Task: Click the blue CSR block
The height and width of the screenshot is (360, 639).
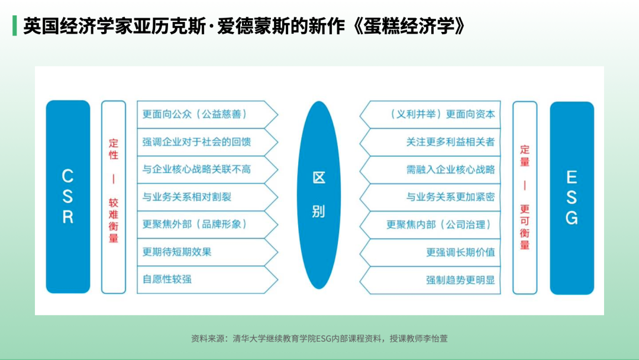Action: click(68, 197)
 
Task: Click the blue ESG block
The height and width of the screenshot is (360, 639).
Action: click(572, 198)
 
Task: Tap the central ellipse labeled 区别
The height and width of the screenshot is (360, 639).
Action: click(319, 195)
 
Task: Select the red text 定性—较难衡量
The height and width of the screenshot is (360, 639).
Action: click(113, 191)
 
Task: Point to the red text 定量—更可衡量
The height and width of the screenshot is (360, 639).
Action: click(525, 197)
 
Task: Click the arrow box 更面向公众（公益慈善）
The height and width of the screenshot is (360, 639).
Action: click(208, 114)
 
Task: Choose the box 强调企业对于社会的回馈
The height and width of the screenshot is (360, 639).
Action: click(208, 142)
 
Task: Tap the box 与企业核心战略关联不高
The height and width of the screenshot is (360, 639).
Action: click(208, 169)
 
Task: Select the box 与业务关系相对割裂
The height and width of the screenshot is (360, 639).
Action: click(208, 197)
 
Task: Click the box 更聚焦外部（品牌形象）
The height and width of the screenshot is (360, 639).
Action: click(208, 224)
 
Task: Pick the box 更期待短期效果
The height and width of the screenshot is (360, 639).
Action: click(208, 252)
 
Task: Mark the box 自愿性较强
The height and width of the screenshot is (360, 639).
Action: click(208, 279)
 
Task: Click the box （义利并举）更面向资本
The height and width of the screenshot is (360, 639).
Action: click(430, 114)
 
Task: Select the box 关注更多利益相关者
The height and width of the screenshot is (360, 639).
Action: click(430, 142)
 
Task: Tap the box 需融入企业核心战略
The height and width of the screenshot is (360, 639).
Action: click(430, 170)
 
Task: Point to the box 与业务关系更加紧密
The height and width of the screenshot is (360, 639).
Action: click(430, 197)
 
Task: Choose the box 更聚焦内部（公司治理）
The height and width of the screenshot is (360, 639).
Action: click(430, 225)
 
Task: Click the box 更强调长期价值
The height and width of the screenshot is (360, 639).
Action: click(430, 253)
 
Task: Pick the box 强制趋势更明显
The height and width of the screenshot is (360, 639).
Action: click(430, 281)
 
